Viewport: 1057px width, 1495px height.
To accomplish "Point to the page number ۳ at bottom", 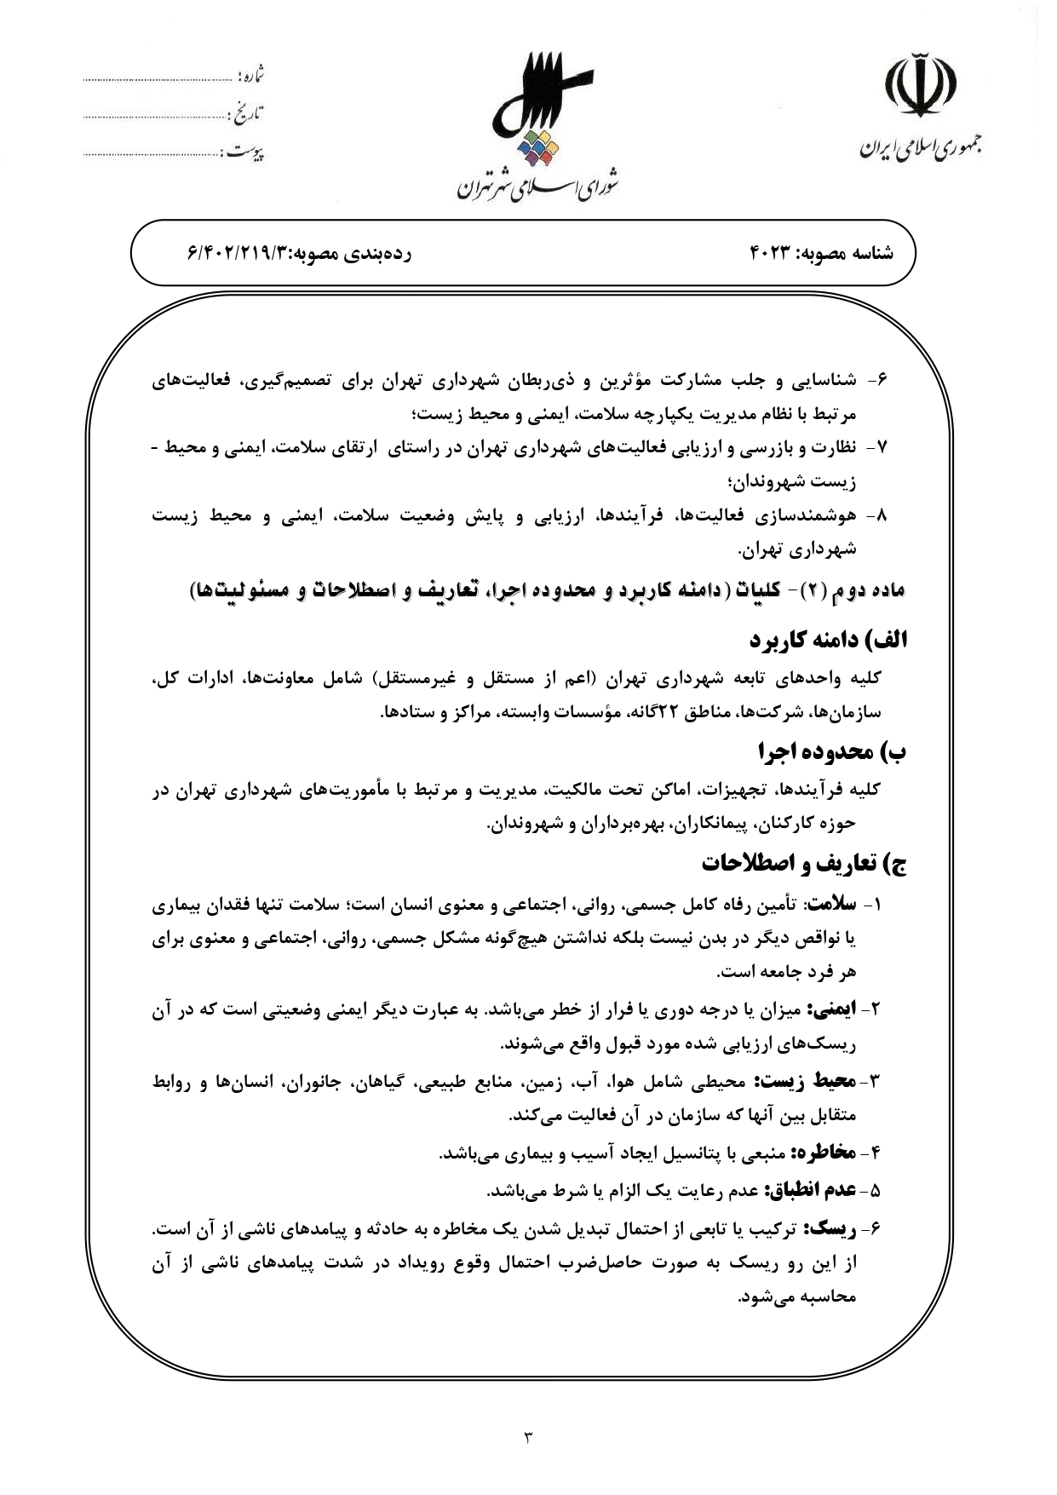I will pos(527,1439).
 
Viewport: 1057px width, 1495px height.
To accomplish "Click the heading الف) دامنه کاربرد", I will pos(828,640).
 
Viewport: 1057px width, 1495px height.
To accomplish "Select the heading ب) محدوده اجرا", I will pos(832,752).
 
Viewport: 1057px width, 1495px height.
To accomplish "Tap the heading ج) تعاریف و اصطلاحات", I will pos(804,864).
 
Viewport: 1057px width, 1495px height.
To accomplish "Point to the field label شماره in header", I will pos(251,77).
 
